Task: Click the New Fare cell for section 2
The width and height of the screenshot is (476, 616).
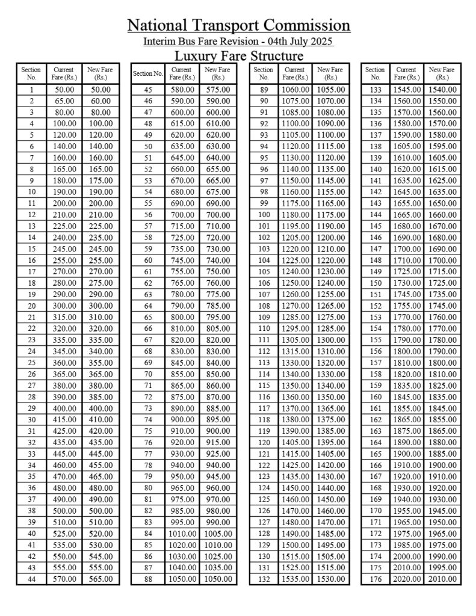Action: [100, 101]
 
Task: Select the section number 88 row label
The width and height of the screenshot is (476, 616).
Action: [148, 579]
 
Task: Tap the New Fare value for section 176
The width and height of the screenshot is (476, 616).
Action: [442, 579]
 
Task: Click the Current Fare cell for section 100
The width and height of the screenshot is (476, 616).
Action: [295, 215]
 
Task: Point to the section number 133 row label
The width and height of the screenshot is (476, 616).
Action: [376, 90]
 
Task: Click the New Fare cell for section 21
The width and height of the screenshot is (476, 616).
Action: [100, 318]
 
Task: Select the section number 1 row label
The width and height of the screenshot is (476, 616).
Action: [31, 90]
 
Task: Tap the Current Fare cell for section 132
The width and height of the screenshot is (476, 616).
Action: [295, 579]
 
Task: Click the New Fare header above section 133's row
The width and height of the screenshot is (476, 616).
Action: [442, 73]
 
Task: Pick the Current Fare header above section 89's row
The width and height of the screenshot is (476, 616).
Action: [295, 73]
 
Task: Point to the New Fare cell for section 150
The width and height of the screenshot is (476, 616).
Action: [442, 283]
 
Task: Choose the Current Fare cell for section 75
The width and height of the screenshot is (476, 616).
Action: [182, 431]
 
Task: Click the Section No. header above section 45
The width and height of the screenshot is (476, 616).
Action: [148, 73]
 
